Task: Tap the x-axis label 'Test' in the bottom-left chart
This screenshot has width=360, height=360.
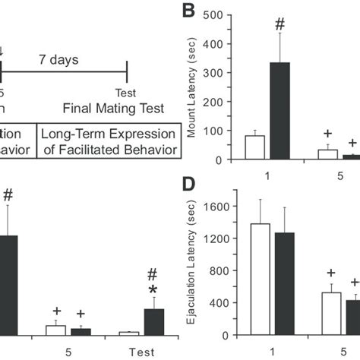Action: (143, 351)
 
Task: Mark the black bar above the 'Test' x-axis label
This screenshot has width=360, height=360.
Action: (154, 321)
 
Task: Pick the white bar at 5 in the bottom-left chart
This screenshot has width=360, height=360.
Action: (56, 330)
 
